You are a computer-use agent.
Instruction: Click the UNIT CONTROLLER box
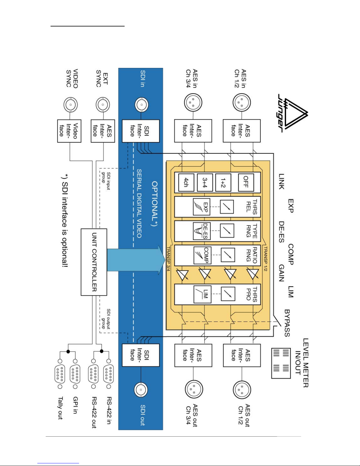94,262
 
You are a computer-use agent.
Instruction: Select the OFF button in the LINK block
246,182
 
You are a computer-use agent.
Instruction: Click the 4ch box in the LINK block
186,182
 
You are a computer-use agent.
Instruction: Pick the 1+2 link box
223,182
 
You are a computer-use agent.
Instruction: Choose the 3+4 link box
205,182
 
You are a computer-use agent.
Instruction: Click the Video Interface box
69,131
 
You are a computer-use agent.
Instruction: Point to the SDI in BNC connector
142,105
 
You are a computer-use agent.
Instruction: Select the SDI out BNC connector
141,390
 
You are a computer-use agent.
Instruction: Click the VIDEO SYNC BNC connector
71,105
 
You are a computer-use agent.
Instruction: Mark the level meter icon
281,363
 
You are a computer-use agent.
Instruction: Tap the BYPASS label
287,323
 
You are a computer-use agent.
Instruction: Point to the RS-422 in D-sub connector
109,374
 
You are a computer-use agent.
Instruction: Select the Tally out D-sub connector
60,374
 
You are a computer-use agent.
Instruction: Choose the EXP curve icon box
202,207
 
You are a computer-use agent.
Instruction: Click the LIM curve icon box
202,295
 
